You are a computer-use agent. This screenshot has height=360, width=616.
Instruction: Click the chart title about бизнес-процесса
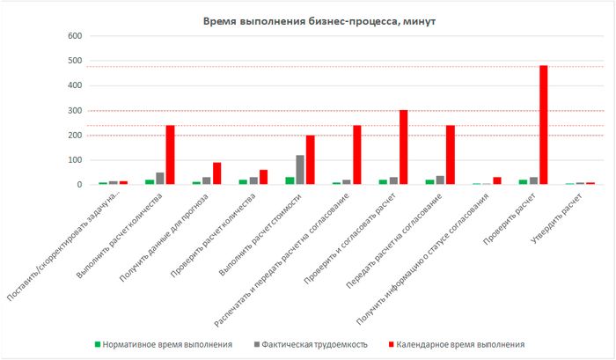[307, 21]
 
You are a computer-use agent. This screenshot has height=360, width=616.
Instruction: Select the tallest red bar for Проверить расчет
[543, 125]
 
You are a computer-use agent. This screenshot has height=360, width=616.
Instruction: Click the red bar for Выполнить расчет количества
[170, 155]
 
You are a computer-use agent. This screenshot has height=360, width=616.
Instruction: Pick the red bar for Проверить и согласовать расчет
[403, 147]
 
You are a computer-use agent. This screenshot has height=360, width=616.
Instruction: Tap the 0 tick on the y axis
[78, 185]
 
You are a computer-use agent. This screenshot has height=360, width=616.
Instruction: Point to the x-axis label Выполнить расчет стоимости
[275, 231]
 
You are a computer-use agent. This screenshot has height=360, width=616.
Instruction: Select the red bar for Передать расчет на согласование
[450, 155]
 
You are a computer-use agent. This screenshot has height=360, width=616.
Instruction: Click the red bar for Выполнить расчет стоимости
[310, 160]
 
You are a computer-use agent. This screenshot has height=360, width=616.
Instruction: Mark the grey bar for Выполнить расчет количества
[159, 179]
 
